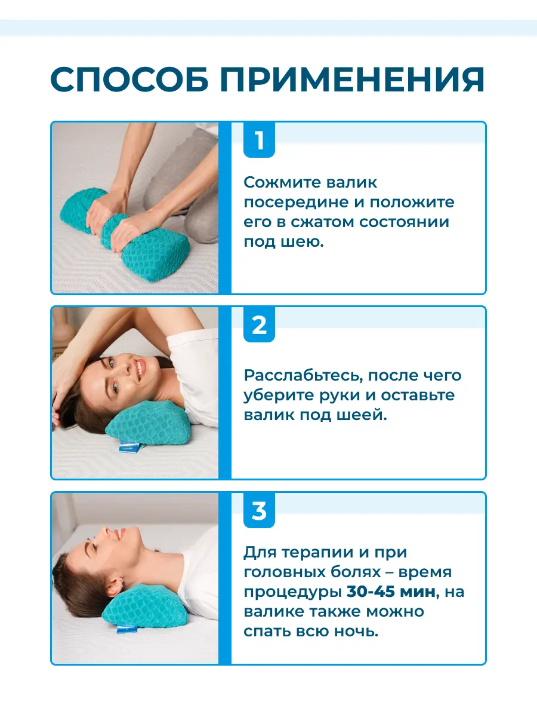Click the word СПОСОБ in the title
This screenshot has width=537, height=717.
coord(129,79)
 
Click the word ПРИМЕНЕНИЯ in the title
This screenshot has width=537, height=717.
coord(353,79)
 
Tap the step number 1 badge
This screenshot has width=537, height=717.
coord(259,140)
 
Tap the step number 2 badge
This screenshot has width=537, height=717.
coord(259,324)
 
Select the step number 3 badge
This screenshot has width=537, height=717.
coord(259,510)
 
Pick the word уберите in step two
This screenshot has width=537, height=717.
coord(279,396)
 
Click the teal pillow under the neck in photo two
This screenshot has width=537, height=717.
coord(149,424)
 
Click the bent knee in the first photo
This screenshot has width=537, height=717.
coord(199,219)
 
